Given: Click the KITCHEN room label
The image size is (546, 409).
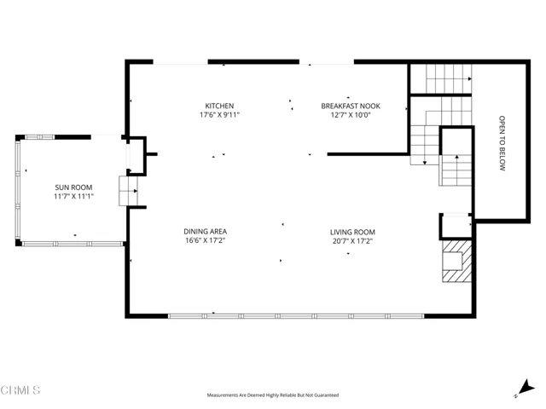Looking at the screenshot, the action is [219, 106].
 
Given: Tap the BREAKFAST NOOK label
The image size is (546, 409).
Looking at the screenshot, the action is [351, 106].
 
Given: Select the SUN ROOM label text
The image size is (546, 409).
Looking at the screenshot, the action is [73, 187].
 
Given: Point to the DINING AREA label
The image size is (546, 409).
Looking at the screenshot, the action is [205, 231].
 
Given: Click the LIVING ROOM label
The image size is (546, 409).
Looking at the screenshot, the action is [352, 232].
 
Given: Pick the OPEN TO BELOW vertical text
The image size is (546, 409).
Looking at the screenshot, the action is [502, 143].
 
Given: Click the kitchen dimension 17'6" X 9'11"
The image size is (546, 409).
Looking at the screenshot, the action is [219, 115].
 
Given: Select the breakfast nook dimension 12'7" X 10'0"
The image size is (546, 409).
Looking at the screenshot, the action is [351, 115].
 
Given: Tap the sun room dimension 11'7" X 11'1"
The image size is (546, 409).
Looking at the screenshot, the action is [73, 196].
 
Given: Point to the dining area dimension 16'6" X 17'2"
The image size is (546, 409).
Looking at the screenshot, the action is [205, 240].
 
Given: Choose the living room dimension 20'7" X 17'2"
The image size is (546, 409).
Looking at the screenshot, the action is [352, 241].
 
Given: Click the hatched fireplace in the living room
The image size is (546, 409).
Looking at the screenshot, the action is [456, 261].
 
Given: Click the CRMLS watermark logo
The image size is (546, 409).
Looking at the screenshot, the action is [20, 390].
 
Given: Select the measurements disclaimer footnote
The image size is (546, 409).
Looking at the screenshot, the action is [273, 395].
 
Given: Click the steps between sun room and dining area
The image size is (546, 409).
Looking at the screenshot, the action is [129, 191].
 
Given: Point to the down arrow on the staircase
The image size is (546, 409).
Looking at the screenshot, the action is [425, 161].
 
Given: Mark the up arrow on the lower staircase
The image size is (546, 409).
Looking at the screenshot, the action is [457, 160].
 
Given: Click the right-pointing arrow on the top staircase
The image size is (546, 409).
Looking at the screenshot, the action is [470, 79].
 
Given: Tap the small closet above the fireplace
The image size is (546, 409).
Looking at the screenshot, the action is [456, 227].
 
